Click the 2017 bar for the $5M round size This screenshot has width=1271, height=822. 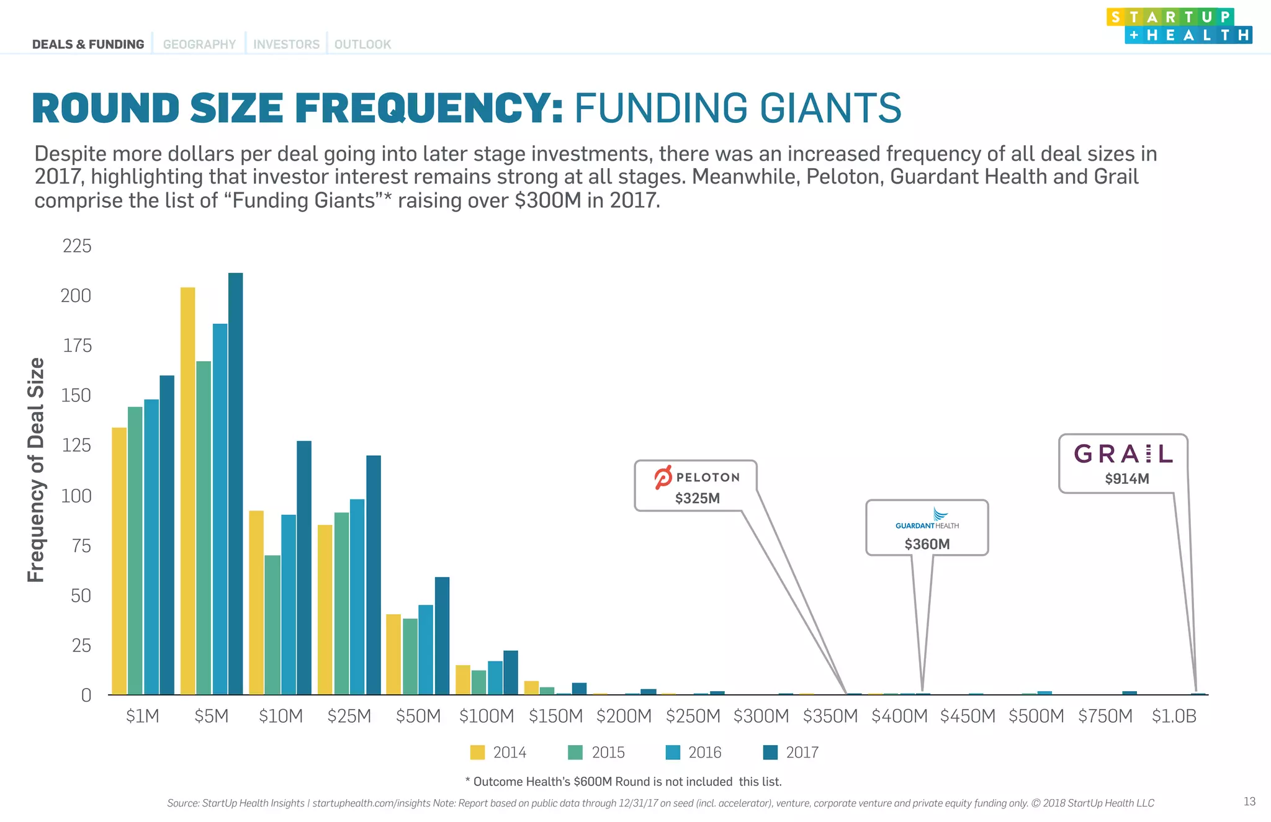click(235, 484)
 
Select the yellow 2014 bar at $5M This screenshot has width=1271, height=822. click(187, 490)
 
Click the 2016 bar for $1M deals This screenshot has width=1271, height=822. click(151, 546)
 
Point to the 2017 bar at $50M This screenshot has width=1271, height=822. click(442, 635)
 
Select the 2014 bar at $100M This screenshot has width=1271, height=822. click(463, 679)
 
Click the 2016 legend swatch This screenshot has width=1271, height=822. click(673, 753)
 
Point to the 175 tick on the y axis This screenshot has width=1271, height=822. click(77, 346)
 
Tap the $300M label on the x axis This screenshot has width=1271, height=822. click(761, 716)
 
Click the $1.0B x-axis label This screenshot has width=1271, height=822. click(1174, 716)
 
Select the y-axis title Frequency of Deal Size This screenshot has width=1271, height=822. click(36, 470)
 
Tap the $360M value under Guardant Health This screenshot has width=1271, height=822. click(927, 544)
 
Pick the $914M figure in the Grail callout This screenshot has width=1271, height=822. click(1126, 478)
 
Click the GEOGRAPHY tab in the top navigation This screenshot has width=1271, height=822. click(199, 45)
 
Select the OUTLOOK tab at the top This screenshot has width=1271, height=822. click(362, 45)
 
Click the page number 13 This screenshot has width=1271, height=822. click(1249, 802)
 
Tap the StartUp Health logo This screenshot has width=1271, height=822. click(1179, 26)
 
